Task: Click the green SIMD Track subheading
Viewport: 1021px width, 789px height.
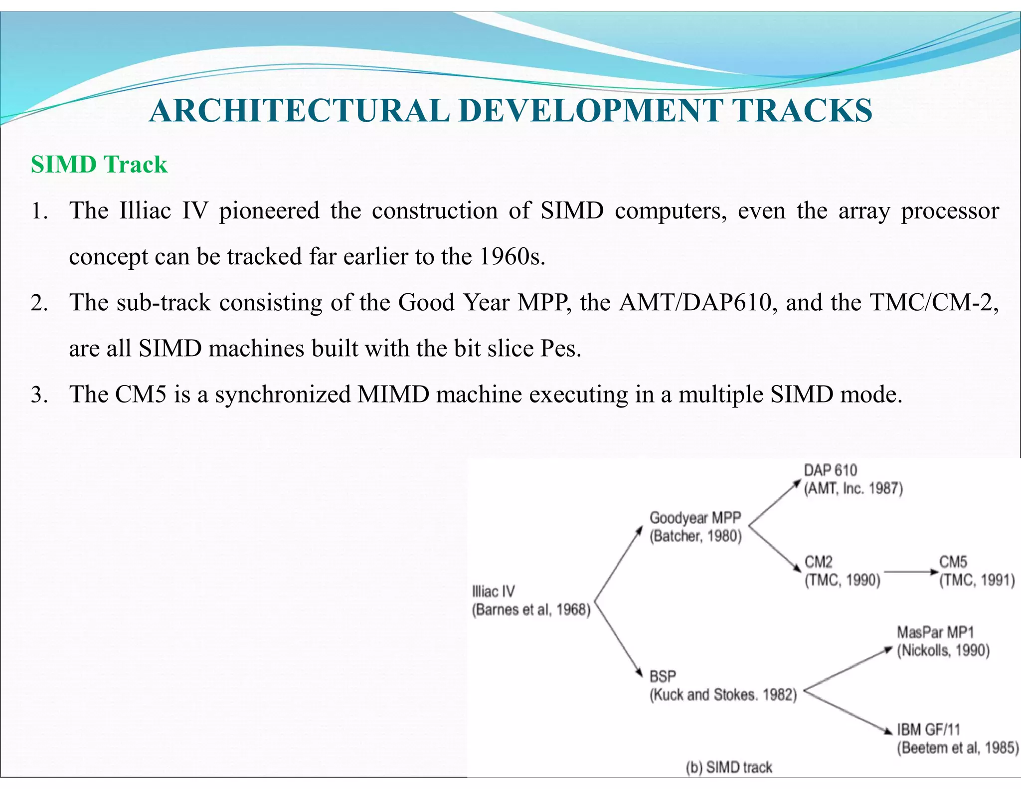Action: [x=99, y=165]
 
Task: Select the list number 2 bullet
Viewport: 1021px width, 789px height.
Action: [x=39, y=303]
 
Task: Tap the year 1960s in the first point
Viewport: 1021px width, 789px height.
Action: [x=511, y=257]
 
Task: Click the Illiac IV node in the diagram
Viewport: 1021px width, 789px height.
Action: [x=494, y=592]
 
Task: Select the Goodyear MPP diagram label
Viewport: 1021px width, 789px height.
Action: [x=695, y=518]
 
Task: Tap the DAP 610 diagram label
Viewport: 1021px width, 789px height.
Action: [x=830, y=470]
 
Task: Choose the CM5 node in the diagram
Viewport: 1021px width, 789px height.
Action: [x=953, y=562]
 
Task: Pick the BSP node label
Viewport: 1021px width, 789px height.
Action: [x=663, y=677]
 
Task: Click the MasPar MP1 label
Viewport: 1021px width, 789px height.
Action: [x=935, y=632]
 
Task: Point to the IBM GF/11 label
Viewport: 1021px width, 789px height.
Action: [x=928, y=730]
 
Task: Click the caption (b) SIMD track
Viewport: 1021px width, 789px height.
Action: [x=729, y=767]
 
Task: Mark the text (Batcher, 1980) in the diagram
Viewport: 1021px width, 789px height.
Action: [x=695, y=537]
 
